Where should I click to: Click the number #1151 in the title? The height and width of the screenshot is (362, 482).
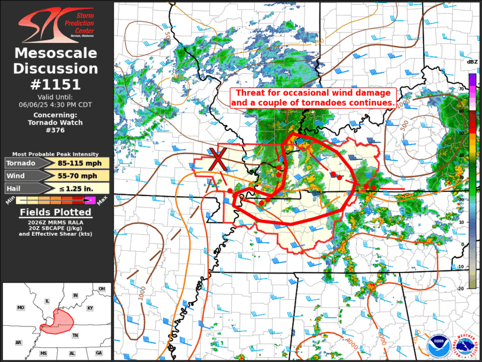56,84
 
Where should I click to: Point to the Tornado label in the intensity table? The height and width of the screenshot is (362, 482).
21,164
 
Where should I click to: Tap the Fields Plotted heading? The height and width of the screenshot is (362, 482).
56,213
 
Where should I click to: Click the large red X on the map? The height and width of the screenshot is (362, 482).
218,160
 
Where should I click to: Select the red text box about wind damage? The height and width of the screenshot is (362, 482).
313,98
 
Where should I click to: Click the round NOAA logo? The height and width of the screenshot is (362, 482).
438,343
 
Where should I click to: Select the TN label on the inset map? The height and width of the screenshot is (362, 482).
75,335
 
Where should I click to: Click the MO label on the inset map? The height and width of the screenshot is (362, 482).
21,308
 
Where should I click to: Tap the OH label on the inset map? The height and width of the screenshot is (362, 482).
102,289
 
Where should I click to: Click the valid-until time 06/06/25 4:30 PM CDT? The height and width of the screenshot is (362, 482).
56,104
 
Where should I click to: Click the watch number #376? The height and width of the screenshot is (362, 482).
56,131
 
